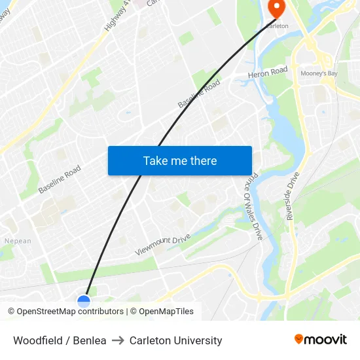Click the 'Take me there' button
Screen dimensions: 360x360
coord(179,160)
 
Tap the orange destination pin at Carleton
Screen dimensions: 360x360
coord(276,9)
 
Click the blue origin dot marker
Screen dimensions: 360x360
coord(84,301)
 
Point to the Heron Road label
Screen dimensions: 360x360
coord(267,73)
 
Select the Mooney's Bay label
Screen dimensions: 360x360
coord(319,74)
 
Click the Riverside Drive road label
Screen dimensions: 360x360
coord(293,196)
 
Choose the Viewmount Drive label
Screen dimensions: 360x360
coord(162,245)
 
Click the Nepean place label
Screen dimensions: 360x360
coord(18,241)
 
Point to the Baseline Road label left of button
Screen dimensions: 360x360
coord(59,179)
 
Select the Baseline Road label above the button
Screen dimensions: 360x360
coord(199,94)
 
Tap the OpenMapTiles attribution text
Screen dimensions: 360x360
coord(166,312)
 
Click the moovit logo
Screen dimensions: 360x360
coord(320,339)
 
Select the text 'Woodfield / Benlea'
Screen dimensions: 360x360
coord(60,340)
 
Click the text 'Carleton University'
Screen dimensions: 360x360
coord(175,340)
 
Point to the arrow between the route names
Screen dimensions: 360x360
coord(118,340)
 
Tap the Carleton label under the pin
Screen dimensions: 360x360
coord(276,26)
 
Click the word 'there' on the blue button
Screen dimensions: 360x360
coord(203,160)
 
